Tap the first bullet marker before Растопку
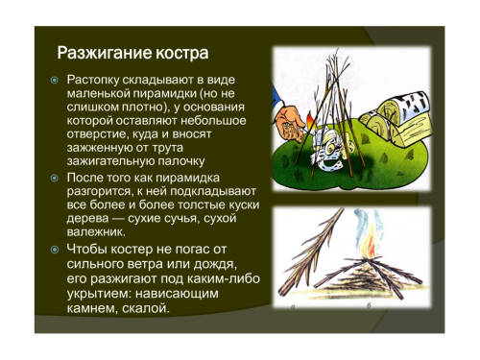point(55,80)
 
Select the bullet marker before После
point(55,178)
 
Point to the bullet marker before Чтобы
point(55,250)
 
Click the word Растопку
point(93,80)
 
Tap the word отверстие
point(99,134)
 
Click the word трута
point(167,148)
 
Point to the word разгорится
point(100,191)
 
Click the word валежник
point(96,231)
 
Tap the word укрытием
point(99,294)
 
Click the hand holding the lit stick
point(290,125)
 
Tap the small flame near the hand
point(310,122)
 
